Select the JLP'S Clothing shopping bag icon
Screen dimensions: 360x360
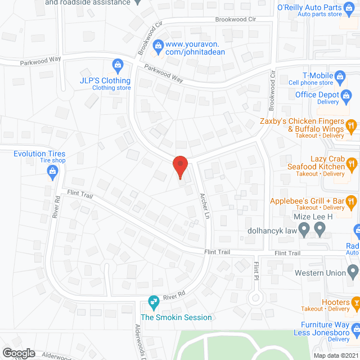click(x=118, y=66)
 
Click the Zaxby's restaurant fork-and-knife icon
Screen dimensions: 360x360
click(x=351, y=125)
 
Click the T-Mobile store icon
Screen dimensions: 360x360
click(x=340, y=76)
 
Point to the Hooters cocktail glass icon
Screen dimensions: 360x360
click(x=355, y=304)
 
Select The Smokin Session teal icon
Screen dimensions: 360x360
click(x=152, y=303)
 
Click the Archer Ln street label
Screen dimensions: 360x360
click(x=205, y=206)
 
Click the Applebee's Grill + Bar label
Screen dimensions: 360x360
click(x=307, y=201)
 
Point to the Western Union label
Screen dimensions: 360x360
click(x=320, y=273)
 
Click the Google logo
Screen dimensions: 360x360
click(x=19, y=353)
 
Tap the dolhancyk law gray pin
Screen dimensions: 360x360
click(x=304, y=229)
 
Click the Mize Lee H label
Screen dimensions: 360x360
click(x=314, y=217)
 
